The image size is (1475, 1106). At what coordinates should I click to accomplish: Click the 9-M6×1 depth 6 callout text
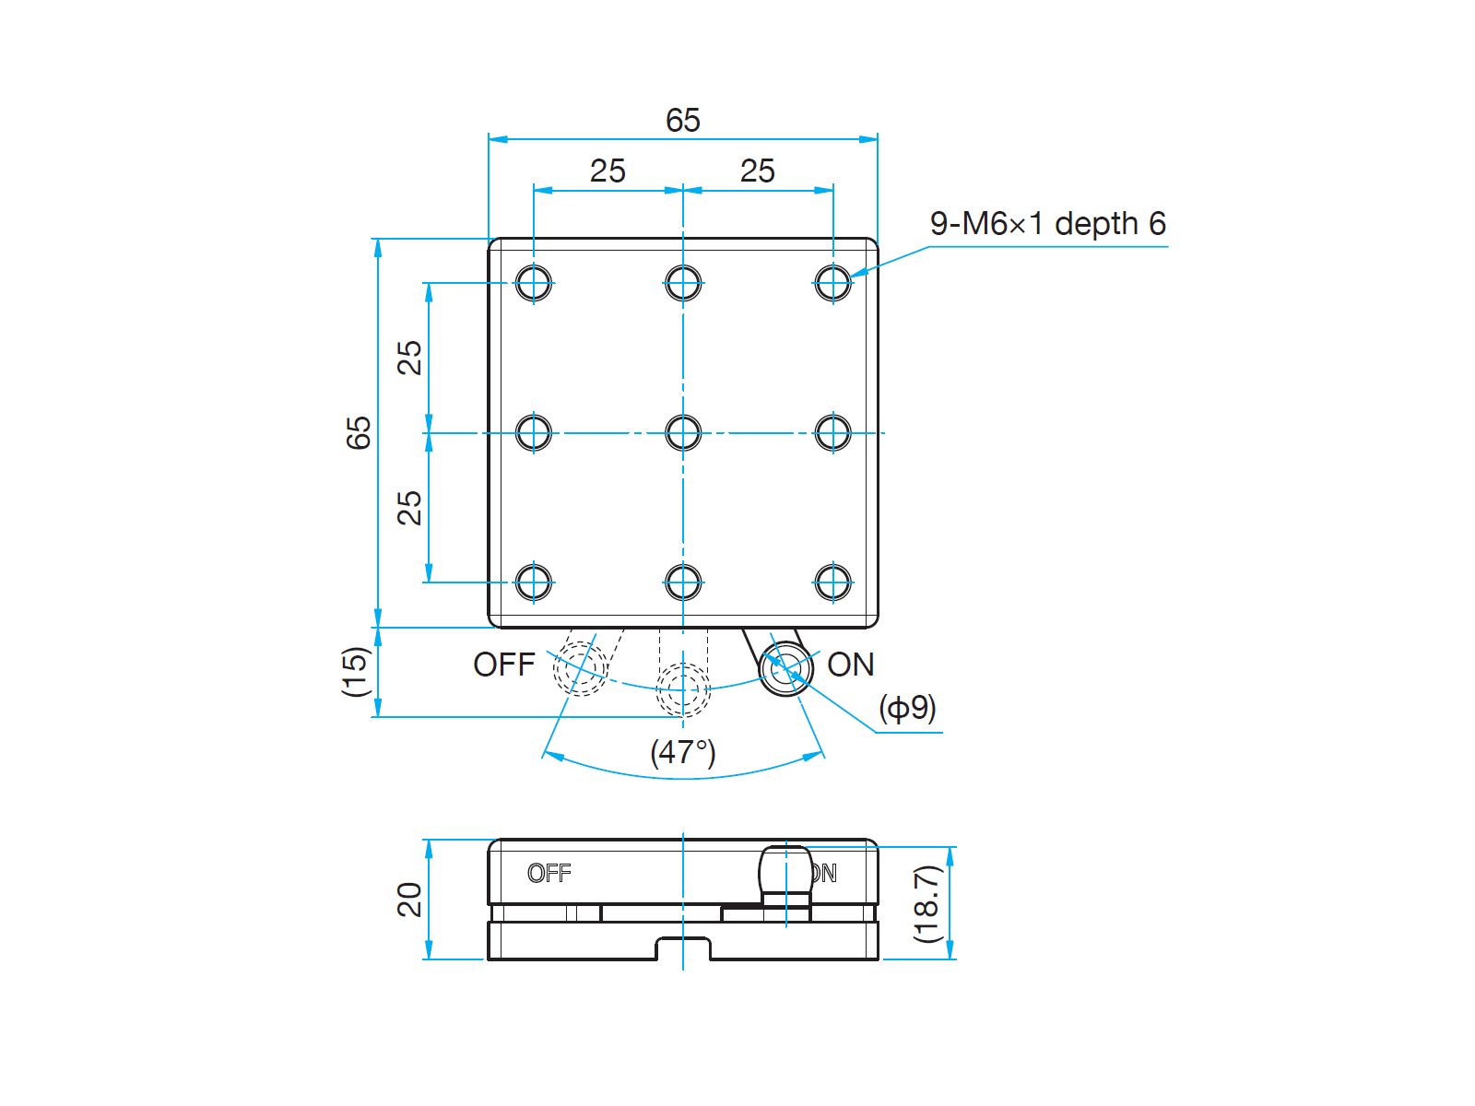[1047, 224]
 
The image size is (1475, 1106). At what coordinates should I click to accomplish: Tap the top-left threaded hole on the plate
[534, 282]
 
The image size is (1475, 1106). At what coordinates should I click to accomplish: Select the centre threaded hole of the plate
[683, 432]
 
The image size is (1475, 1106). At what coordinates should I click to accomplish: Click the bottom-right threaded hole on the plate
[832, 582]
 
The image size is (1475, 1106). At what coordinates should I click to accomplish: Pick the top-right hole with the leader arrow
[832, 282]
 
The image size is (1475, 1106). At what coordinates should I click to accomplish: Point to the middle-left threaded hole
[534, 432]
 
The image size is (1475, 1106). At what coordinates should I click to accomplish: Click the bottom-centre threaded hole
[683, 582]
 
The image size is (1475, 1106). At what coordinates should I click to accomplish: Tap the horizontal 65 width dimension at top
[683, 121]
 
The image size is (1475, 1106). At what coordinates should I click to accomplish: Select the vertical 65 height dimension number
[359, 432]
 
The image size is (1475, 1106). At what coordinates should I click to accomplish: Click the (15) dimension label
[356, 671]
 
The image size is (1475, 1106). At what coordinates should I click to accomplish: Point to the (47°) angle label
[683, 752]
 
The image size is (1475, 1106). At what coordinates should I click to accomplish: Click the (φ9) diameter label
[907, 708]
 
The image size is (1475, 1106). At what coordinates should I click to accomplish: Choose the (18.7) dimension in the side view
[926, 902]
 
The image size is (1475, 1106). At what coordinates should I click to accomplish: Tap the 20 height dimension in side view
[409, 900]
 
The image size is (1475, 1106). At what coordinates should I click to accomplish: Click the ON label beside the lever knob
[850, 665]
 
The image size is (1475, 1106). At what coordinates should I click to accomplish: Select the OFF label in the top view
[503, 665]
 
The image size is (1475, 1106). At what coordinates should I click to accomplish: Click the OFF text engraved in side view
[549, 873]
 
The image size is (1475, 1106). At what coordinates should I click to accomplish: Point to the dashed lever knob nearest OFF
[581, 667]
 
